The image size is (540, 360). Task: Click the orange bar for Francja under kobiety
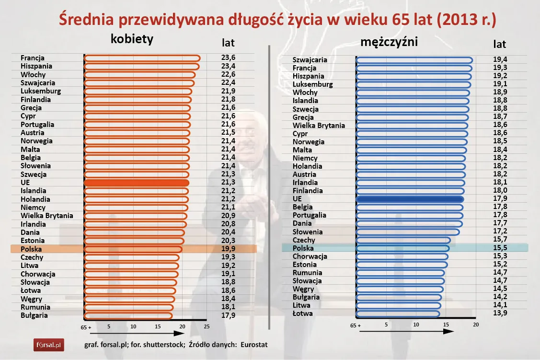(x=142, y=58)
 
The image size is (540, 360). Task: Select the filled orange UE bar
(x=137, y=183)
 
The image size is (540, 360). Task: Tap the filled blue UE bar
(x=410, y=199)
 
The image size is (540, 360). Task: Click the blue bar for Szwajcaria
(x=414, y=60)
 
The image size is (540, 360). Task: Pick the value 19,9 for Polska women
(x=229, y=249)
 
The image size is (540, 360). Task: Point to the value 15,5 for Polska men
(x=500, y=248)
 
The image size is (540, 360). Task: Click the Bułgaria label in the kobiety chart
(x=34, y=315)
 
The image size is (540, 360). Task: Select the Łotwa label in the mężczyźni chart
(x=302, y=313)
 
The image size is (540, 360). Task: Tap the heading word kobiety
(x=132, y=39)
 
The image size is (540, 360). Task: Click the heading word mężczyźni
(x=389, y=42)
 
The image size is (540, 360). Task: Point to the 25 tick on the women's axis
(x=207, y=326)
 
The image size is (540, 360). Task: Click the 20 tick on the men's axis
(x=476, y=325)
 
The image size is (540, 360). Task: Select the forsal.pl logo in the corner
(x=48, y=344)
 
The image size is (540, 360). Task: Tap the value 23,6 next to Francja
(x=229, y=58)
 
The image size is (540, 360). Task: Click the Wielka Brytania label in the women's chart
(x=47, y=216)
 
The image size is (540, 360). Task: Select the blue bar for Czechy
(x=403, y=240)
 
